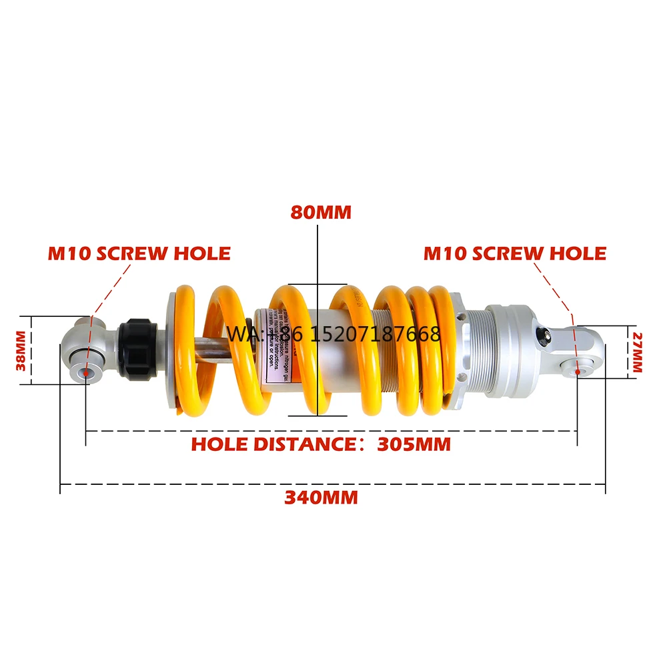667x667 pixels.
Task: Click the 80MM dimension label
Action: (320, 212)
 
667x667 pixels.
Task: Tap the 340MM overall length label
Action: (321, 497)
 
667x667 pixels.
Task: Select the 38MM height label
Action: (21, 351)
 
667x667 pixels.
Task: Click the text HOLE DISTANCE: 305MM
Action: (321, 444)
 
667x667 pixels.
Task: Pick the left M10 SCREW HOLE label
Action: (139, 253)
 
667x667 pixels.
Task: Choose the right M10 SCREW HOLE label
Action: (515, 253)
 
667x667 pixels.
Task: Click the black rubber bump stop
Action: (138, 347)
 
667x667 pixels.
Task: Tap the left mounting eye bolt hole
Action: (85, 371)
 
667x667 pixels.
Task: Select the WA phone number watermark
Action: (333, 333)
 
